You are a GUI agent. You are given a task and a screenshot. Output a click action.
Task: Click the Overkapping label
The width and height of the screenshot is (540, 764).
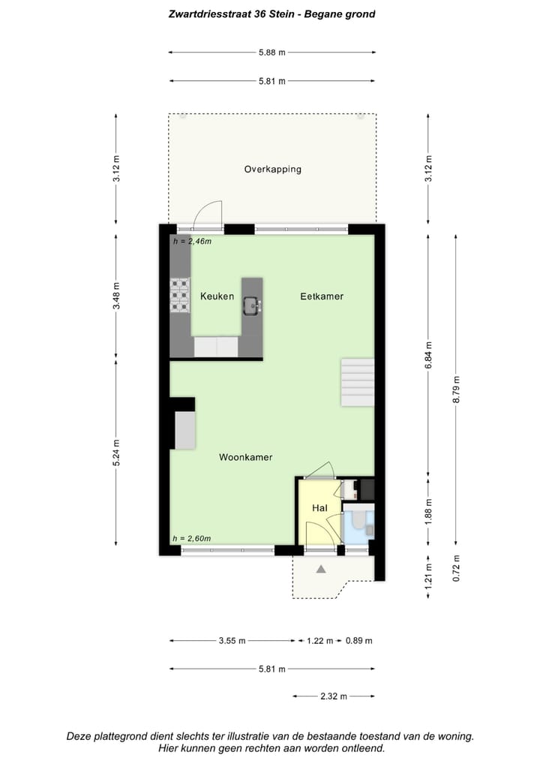(x=272, y=170)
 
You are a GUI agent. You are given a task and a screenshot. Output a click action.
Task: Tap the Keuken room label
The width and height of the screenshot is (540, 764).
(x=217, y=296)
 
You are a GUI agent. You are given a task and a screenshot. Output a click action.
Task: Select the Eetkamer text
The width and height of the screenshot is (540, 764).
(x=322, y=296)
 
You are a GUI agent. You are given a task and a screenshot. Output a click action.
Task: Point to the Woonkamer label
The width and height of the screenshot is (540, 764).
(x=245, y=457)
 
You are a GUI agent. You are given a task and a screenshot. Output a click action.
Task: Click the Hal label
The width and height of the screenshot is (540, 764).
(x=319, y=509)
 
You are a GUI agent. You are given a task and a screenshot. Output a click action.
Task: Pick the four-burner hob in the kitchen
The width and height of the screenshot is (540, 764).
(x=180, y=294)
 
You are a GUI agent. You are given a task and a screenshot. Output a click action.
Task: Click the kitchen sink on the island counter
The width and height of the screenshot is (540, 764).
(x=253, y=304)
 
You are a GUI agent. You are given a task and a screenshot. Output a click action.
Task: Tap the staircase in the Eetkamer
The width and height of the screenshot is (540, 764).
(x=357, y=382)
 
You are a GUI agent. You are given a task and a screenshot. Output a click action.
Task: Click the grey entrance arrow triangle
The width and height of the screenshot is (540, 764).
(x=321, y=570)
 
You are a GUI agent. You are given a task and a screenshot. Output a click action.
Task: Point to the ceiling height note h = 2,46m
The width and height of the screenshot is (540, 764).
(x=192, y=242)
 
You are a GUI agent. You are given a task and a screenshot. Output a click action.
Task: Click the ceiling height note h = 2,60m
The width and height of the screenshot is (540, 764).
(x=191, y=539)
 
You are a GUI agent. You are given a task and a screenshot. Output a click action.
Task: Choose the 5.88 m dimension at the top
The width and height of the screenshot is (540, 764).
(x=271, y=53)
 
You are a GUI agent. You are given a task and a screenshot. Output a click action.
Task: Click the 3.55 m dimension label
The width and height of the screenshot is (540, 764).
(x=232, y=641)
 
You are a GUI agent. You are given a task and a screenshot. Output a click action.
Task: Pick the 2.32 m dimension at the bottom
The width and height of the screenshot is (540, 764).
(x=333, y=696)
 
